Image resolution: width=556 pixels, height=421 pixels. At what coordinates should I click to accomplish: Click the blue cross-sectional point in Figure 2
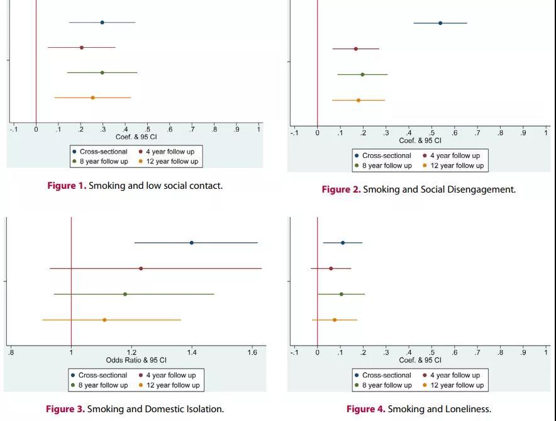(440, 23)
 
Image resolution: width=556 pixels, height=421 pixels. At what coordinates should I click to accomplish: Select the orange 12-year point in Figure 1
(92, 98)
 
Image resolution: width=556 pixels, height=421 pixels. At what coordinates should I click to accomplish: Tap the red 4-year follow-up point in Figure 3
(141, 269)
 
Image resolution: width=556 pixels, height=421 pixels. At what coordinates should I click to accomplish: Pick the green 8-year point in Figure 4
(342, 294)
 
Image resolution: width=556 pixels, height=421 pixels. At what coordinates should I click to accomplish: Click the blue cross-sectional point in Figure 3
(192, 243)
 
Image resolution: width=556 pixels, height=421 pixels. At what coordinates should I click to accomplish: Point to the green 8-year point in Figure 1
(102, 72)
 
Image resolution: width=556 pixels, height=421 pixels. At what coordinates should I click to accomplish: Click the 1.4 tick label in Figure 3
(192, 352)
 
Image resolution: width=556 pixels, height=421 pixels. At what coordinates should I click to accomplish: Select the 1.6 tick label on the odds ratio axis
(252, 352)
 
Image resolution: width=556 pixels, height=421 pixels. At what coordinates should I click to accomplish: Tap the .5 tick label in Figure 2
(431, 133)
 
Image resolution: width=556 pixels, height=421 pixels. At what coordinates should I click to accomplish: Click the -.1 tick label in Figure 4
(294, 352)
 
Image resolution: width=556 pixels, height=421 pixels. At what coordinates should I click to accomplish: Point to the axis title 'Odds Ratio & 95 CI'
(136, 360)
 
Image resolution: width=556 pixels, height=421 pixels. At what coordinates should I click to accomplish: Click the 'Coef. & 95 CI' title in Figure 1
(136, 137)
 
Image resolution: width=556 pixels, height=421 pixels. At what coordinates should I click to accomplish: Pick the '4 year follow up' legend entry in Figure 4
(455, 375)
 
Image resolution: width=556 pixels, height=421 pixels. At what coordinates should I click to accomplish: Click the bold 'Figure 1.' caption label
(67, 186)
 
